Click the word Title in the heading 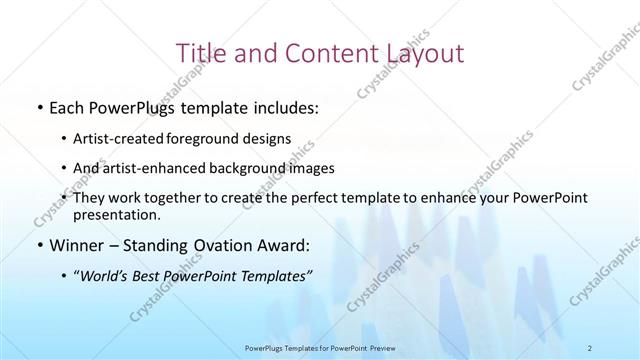click(x=201, y=52)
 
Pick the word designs click(x=269, y=139)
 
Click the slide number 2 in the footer click(x=592, y=348)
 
